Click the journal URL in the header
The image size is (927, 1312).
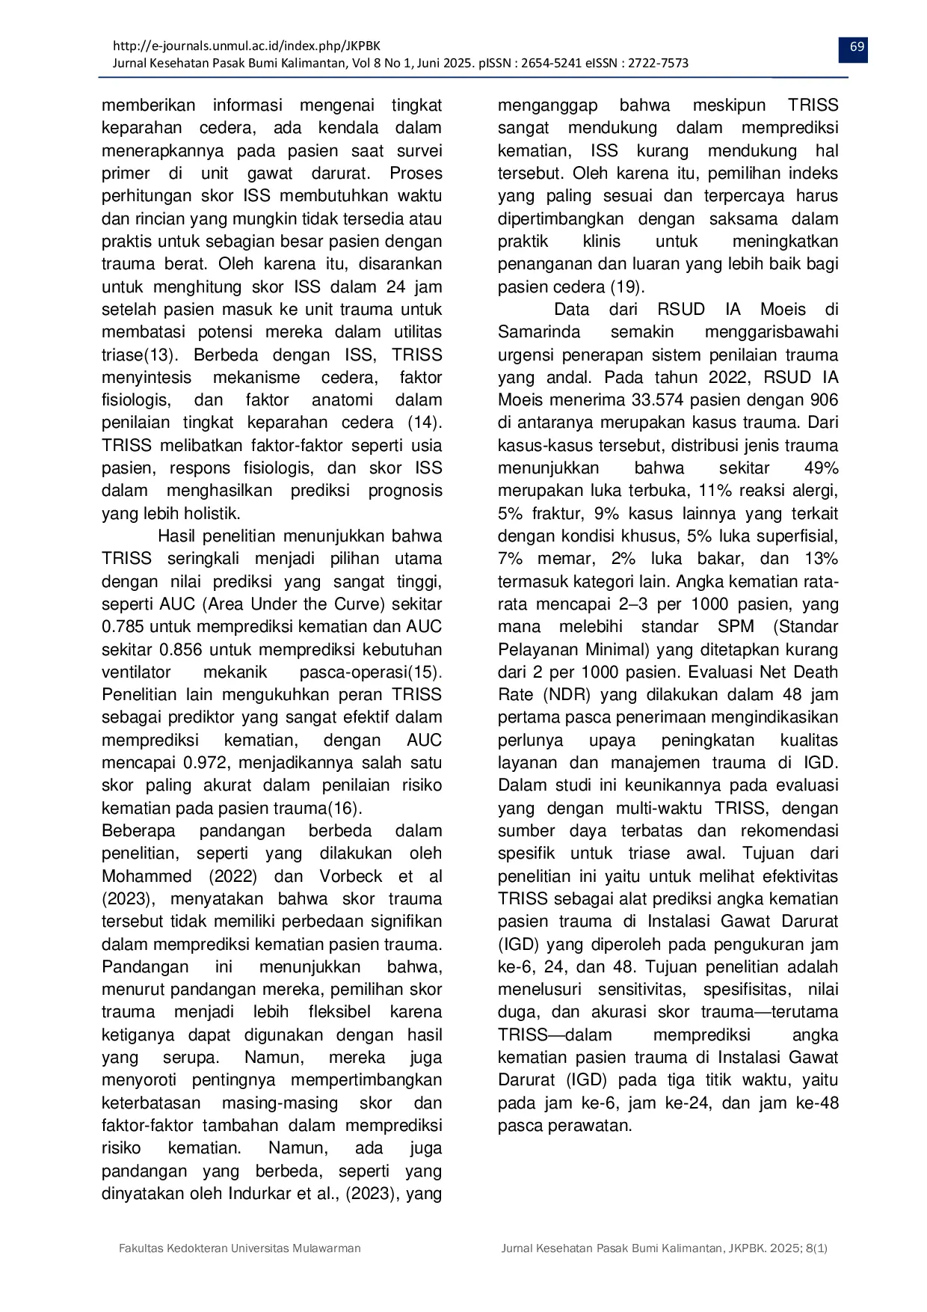246,46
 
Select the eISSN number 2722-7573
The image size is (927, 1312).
658,64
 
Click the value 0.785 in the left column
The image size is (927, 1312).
123,627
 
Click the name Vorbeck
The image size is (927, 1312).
351,877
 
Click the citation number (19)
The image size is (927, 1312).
627,287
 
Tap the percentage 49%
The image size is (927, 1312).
821,468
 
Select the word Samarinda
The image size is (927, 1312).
533,332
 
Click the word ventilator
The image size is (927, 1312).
136,672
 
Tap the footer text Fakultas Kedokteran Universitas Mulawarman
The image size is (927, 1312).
240,1248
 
